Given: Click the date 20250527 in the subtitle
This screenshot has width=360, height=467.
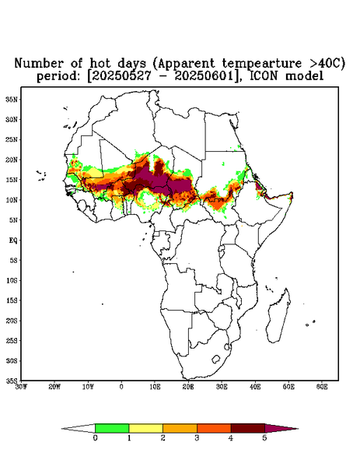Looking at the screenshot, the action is pyautogui.click(x=121, y=75).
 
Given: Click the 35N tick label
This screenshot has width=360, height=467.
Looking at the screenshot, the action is pyautogui.click(x=12, y=99).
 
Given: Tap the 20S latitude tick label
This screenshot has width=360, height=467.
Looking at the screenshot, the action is pyautogui.click(x=12, y=321).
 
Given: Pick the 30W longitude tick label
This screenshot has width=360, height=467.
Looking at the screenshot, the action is pyautogui.click(x=21, y=387).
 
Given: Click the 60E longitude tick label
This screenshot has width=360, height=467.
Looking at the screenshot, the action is pyautogui.click(x=322, y=387).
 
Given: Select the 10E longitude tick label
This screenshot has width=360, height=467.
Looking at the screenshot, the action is pyautogui.click(x=155, y=387).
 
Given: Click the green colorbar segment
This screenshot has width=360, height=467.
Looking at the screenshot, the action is pyautogui.click(x=112, y=428).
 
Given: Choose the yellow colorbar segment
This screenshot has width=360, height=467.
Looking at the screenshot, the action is pyautogui.click(x=145, y=428).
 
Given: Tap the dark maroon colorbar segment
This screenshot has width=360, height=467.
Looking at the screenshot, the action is pyautogui.click(x=248, y=428).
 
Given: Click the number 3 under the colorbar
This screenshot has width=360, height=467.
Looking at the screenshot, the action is pyautogui.click(x=197, y=438).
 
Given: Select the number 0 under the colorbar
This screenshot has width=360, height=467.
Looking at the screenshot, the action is pyautogui.click(x=95, y=438).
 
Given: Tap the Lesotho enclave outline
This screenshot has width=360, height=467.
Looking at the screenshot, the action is pyautogui.click(x=216, y=359).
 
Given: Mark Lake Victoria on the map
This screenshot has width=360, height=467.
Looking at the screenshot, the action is pyautogui.click(x=221, y=249).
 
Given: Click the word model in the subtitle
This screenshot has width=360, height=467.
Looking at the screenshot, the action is pyautogui.click(x=304, y=75).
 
